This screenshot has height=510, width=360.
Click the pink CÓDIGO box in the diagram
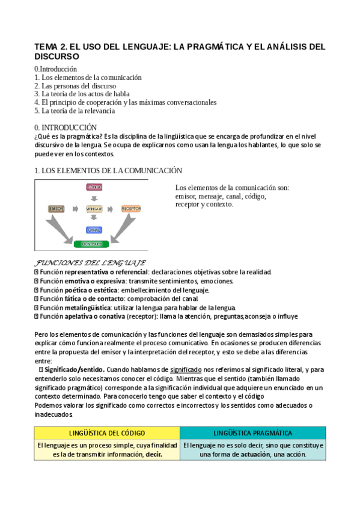click(x=95, y=188)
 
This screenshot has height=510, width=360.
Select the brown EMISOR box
click(x=56, y=209)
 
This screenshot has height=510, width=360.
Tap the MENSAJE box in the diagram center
click(x=94, y=209)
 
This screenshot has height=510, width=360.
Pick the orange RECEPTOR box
click(x=130, y=209)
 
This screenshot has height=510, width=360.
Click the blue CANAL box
click(x=94, y=230)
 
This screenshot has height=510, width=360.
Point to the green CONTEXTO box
click(x=91, y=244)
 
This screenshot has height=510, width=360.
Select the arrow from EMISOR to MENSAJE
click(x=75, y=209)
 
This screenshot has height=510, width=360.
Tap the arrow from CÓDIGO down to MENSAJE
click(x=94, y=198)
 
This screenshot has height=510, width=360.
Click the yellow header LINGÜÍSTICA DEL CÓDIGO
click(x=107, y=432)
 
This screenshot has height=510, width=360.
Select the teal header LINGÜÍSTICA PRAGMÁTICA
click(x=253, y=432)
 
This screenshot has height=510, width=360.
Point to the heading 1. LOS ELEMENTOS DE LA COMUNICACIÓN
click(x=108, y=171)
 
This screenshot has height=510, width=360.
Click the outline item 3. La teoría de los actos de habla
click(x=82, y=94)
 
